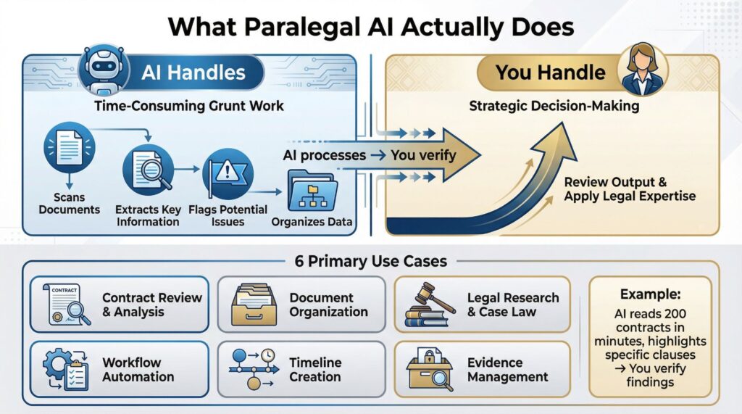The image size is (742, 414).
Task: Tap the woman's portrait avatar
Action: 641,73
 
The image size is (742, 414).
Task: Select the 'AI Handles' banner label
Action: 193,73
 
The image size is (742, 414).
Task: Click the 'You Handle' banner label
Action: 550,73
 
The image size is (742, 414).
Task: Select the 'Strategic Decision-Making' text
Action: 554,106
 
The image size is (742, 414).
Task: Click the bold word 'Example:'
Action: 650,294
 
